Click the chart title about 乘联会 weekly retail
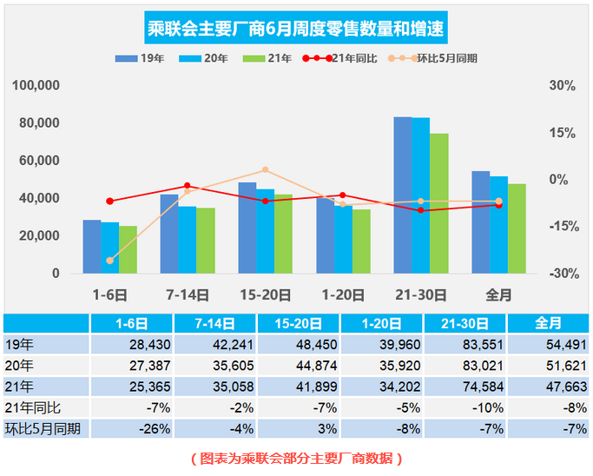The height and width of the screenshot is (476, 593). (297, 30)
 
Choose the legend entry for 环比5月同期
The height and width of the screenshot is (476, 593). (445, 58)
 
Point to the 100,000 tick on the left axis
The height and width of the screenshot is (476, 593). (36, 86)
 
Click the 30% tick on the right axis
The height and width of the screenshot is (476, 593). (562, 86)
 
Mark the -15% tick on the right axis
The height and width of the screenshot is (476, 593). (562, 226)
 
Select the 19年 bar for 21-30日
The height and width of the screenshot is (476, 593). (403, 195)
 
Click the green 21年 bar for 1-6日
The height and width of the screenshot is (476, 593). (128, 250)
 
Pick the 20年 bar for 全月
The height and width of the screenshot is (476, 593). (498, 225)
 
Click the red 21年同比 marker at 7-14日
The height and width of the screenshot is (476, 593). (188, 186)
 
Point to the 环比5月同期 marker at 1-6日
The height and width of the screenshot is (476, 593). (109, 261)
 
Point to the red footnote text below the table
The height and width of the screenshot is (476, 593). (296, 459)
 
